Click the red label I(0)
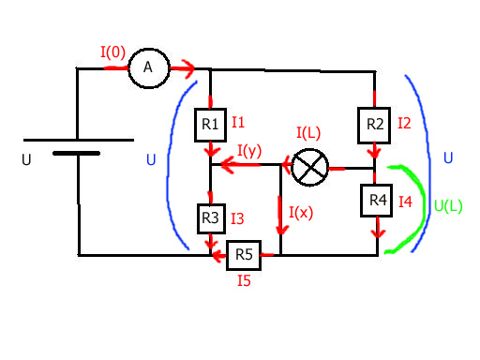tap(112, 52)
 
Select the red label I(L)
tap(308, 133)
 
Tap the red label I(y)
tap(249, 151)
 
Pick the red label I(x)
tap(301, 213)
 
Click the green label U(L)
tap(448, 206)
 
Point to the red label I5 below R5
tap(244, 280)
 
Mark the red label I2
tap(404, 124)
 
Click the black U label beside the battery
tap(26, 159)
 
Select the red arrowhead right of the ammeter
tap(188, 69)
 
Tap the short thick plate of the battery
tap(76, 153)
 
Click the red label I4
tap(405, 202)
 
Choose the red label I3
tap(237, 218)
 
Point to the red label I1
tap(238, 122)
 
